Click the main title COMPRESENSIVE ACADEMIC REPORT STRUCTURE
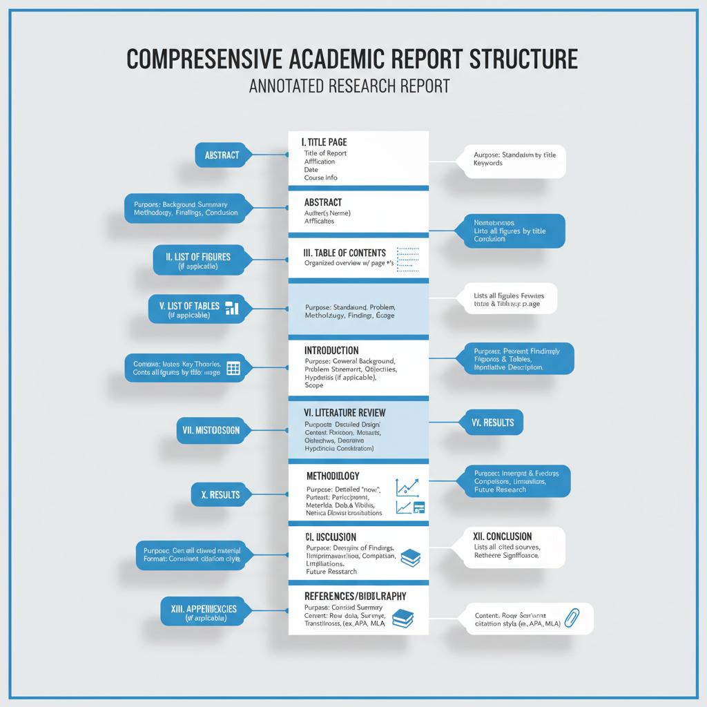pyautogui.click(x=352, y=59)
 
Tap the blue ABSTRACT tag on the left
pyautogui.click(x=221, y=155)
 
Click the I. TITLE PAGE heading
pyautogui.click(x=324, y=142)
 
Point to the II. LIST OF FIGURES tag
pyautogui.click(x=197, y=257)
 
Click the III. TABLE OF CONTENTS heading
pyautogui.click(x=345, y=253)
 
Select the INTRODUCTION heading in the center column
pyautogui.click(x=331, y=350)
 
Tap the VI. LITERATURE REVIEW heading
pyautogui.click(x=345, y=412)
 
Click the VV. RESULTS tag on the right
pyautogui.click(x=492, y=422)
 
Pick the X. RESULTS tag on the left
pyautogui.click(x=221, y=494)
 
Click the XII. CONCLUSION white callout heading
pyautogui.click(x=503, y=536)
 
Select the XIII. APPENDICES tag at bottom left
pyautogui.click(x=203, y=608)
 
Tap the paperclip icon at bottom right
pyautogui.click(x=570, y=617)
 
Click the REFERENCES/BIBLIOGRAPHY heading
pyautogui.click(x=355, y=595)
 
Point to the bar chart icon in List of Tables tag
pyautogui.click(x=232, y=307)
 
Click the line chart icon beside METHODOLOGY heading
pyautogui.click(x=407, y=487)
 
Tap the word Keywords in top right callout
pyautogui.click(x=488, y=163)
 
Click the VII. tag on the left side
pyautogui.click(x=211, y=430)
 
